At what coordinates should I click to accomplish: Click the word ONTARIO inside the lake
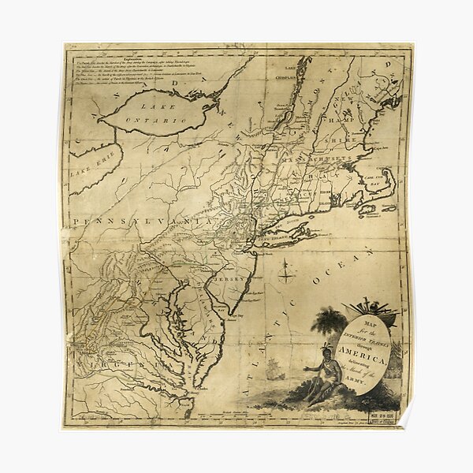pos(161,120)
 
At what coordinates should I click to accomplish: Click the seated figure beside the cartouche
pos(321,377)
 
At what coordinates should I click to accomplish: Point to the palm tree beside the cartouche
pos(328,323)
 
